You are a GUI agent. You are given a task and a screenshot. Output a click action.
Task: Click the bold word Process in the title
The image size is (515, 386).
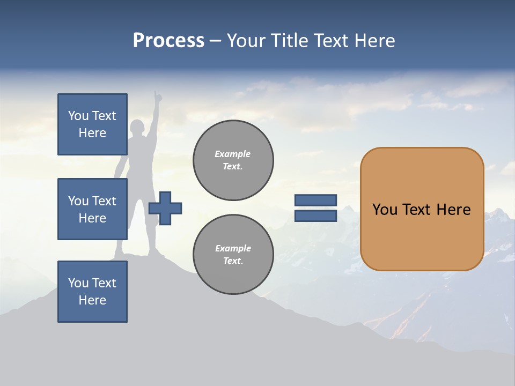168,41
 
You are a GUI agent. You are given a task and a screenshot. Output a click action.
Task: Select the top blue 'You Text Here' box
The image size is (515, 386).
92,124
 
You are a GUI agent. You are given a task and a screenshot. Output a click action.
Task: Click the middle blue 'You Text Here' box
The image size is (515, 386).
92,209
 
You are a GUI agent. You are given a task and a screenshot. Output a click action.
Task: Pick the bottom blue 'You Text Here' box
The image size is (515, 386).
92,292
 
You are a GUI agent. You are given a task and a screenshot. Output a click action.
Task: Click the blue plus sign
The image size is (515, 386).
165,208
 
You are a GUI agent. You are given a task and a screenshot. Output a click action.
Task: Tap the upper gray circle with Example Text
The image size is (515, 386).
233,160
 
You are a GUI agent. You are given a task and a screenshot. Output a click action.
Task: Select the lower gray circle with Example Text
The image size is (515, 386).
233,255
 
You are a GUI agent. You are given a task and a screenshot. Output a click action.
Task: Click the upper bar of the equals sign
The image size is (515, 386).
316,201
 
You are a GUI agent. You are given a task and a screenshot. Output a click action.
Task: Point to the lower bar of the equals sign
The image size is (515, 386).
316,216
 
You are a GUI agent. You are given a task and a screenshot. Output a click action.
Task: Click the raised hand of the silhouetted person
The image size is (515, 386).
157,96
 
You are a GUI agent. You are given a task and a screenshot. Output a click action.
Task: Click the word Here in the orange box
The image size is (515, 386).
453,210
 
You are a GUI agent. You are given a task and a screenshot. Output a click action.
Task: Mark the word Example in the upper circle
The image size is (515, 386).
233,154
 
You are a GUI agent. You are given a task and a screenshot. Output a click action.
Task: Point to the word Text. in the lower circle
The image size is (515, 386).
233,261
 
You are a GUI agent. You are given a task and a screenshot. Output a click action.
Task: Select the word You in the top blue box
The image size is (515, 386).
78,116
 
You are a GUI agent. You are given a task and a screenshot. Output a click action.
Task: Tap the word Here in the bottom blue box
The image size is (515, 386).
92,300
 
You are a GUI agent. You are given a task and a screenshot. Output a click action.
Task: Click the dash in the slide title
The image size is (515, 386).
216,41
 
